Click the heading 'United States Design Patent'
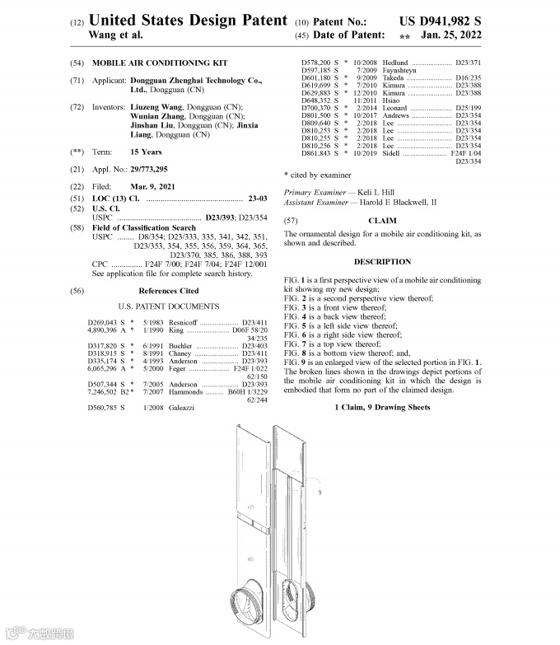(187, 20)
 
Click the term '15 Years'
(146, 152)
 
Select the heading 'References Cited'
(168, 291)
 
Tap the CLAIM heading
(381, 221)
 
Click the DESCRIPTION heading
(382, 261)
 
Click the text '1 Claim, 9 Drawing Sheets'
(382, 408)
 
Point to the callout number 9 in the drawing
(318, 493)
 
